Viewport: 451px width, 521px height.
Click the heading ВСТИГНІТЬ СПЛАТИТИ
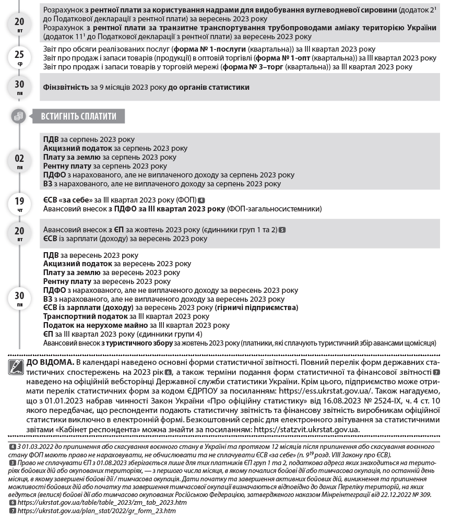click(78, 116)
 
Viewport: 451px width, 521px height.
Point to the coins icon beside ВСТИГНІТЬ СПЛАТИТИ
click(19, 116)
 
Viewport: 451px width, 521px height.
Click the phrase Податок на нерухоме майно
click(89, 325)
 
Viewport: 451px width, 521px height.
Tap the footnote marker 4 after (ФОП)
click(201, 200)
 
